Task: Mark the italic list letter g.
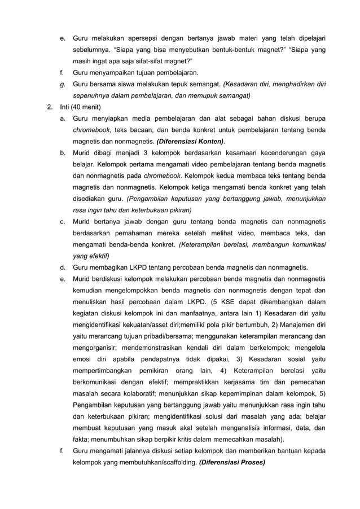[x=62, y=84]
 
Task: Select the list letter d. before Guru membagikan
[x=62, y=267]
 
